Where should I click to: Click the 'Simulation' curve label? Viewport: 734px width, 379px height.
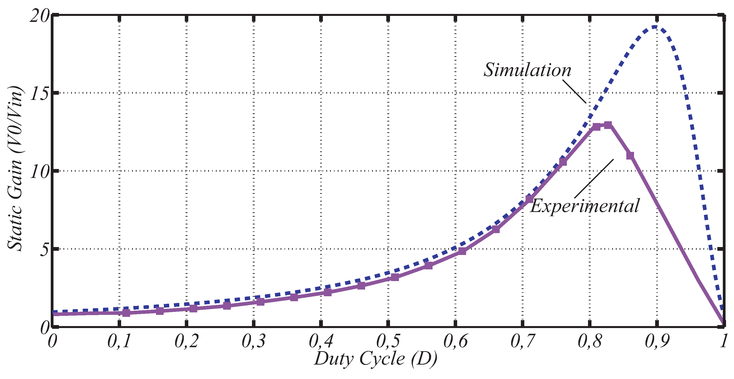pyautogui.click(x=527, y=70)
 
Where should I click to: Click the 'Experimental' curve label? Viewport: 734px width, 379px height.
pyautogui.click(x=585, y=206)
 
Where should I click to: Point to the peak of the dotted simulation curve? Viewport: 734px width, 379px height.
pyautogui.click(x=654, y=27)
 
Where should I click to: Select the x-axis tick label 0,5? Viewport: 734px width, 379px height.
pyautogui.click(x=388, y=341)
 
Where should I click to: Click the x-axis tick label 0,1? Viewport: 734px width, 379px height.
pyautogui.click(x=119, y=341)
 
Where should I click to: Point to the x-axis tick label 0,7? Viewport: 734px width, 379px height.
pyautogui.click(x=522, y=341)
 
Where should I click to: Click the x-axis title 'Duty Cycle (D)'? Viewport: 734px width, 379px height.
pyautogui.click(x=375, y=359)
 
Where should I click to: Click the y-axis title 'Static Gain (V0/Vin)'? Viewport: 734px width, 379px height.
pyautogui.click(x=15, y=168)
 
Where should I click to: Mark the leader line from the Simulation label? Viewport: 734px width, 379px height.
pyautogui.click(x=574, y=91)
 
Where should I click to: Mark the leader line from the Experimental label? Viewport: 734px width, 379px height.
pyautogui.click(x=594, y=178)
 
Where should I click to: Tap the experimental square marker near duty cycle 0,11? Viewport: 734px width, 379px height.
pyautogui.click(x=126, y=313)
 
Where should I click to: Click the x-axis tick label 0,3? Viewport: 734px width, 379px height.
pyautogui.click(x=254, y=341)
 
